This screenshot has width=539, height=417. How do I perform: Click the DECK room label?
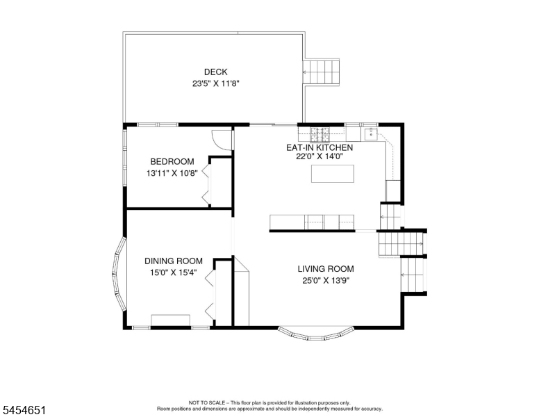click(x=215, y=72)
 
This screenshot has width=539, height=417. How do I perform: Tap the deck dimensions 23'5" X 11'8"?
click(x=215, y=83)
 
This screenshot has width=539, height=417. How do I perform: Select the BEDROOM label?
click(x=172, y=161)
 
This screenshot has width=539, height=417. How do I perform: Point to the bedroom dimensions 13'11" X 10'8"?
click(x=172, y=173)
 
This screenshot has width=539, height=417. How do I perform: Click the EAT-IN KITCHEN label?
click(x=320, y=147)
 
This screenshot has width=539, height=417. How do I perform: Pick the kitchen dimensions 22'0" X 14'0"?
click(x=320, y=156)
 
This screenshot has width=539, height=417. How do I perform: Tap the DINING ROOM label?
click(x=173, y=261)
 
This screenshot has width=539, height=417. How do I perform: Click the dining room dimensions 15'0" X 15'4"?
click(x=173, y=272)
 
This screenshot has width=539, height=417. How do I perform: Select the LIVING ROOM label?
click(x=326, y=269)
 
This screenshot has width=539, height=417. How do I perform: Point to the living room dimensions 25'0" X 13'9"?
click(x=326, y=280)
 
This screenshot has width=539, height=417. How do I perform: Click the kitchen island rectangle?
click(x=333, y=174)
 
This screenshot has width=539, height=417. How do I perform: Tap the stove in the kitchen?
click(x=320, y=135)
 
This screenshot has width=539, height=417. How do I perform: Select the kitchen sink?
click(x=371, y=134)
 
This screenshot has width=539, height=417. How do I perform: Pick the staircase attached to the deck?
click(x=321, y=72)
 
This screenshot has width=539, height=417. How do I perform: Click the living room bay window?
click(x=316, y=335)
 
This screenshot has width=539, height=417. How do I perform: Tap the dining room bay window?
click(x=118, y=274)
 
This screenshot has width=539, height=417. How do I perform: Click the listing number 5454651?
click(x=24, y=410)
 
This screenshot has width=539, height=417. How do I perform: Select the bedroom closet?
click(x=220, y=182)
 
